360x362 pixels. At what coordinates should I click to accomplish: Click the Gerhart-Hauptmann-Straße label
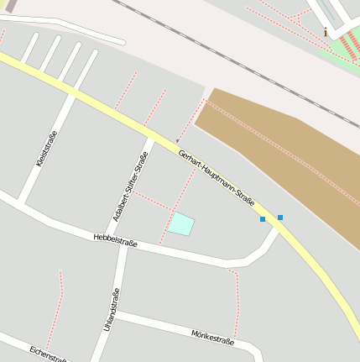pos(217,177)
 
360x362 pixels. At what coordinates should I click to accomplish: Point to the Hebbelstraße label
pos(116,242)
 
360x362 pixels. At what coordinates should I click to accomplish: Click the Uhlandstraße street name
pos(111,309)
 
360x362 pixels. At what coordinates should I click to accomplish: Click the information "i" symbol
pos(326,33)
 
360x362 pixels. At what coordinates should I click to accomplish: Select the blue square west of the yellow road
pos(263,219)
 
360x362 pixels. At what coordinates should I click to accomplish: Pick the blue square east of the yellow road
pos(280,218)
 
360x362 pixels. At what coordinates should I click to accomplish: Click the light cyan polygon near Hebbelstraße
pos(181,224)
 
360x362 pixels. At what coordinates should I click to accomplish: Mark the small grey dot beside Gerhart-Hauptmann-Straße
pos(177,141)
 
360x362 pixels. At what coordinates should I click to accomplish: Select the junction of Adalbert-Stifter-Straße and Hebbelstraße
pos(125,244)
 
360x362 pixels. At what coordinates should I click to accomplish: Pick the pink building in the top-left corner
pos(10,5)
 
